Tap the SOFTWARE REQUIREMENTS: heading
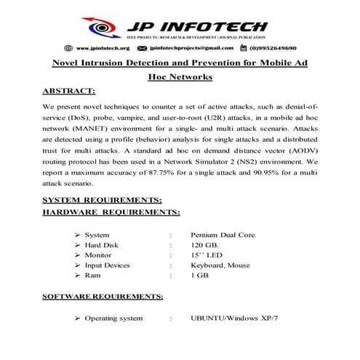[x=103, y=297]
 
